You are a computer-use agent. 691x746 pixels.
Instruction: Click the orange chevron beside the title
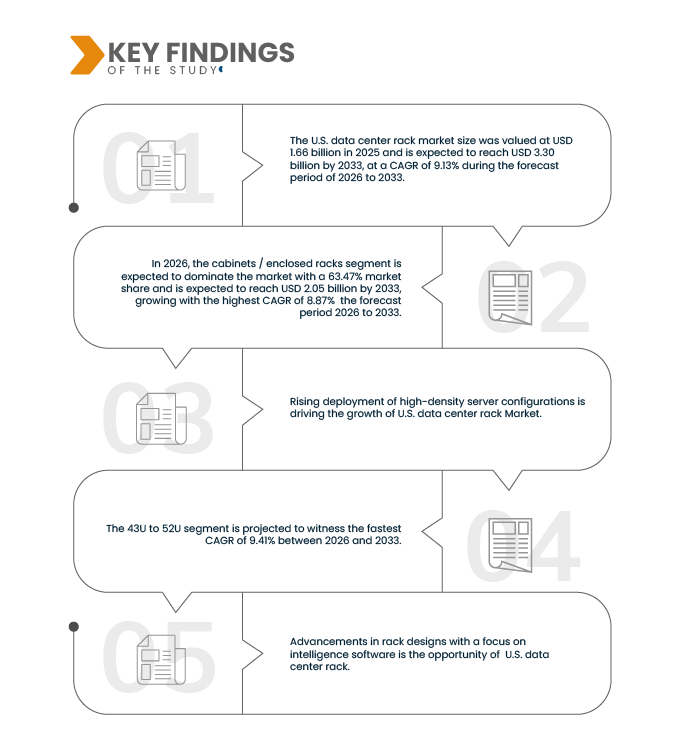click(87, 55)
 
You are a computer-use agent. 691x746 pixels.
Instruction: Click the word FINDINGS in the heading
click(230, 52)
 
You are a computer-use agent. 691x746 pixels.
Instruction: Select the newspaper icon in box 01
click(161, 166)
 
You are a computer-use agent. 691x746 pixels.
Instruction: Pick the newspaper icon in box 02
click(510, 298)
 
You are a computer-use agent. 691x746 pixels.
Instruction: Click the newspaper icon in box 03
click(161, 419)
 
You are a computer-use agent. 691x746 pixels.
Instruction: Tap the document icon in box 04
click(510, 545)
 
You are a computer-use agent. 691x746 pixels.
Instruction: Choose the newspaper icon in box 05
click(161, 659)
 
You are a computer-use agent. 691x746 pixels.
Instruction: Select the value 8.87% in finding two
click(321, 301)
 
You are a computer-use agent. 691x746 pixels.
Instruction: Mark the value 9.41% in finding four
click(262, 540)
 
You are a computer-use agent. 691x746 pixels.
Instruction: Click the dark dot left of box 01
click(74, 207)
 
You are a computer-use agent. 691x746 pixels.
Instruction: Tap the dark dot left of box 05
click(74, 627)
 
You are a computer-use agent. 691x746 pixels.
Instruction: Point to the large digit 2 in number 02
click(564, 296)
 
